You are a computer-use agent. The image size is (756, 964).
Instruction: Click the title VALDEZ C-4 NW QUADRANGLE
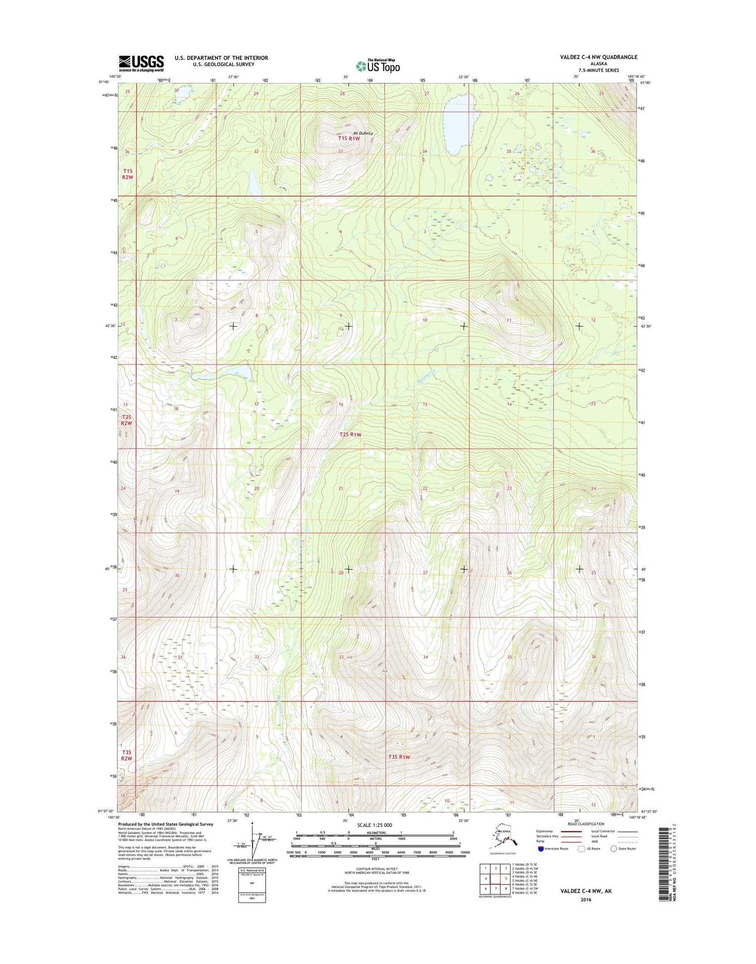click(598, 57)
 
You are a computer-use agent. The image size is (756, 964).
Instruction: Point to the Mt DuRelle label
click(362, 133)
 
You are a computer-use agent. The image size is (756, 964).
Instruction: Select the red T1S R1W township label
click(349, 138)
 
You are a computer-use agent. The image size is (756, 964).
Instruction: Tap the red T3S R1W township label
click(399, 757)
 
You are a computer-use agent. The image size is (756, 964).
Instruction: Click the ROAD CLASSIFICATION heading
click(586, 824)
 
